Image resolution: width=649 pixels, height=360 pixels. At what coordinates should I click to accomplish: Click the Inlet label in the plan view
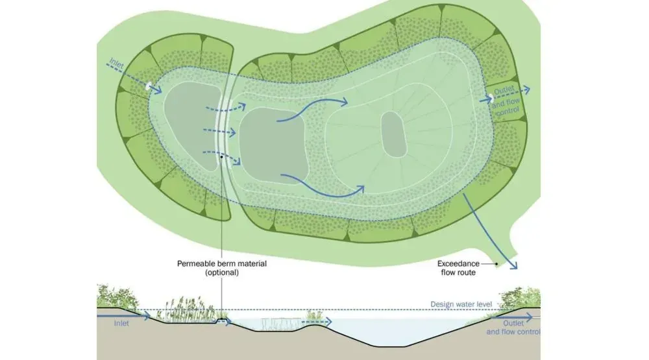[116, 64]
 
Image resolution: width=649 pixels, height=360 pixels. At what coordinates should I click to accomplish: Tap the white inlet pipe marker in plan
[148, 86]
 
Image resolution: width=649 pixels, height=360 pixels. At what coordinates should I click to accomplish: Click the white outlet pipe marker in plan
[491, 98]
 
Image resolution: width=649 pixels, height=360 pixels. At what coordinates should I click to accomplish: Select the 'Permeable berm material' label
[222, 263]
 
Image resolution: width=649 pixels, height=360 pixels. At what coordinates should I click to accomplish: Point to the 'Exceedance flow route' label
[458, 268]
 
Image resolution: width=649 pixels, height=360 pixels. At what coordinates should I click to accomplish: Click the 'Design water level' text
[461, 305]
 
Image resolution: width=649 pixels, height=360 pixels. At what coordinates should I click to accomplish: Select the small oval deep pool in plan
[394, 134]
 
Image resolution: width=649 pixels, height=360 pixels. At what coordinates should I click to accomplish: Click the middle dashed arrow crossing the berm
[219, 132]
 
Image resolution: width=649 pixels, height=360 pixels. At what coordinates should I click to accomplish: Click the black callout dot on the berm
[222, 157]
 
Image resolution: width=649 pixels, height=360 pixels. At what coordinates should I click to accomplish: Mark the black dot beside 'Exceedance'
[496, 263]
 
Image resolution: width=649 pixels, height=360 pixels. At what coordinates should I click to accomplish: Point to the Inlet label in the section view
[121, 324]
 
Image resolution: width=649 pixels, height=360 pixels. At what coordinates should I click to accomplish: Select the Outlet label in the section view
[513, 323]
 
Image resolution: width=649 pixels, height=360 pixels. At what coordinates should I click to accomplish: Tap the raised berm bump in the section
[223, 320]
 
